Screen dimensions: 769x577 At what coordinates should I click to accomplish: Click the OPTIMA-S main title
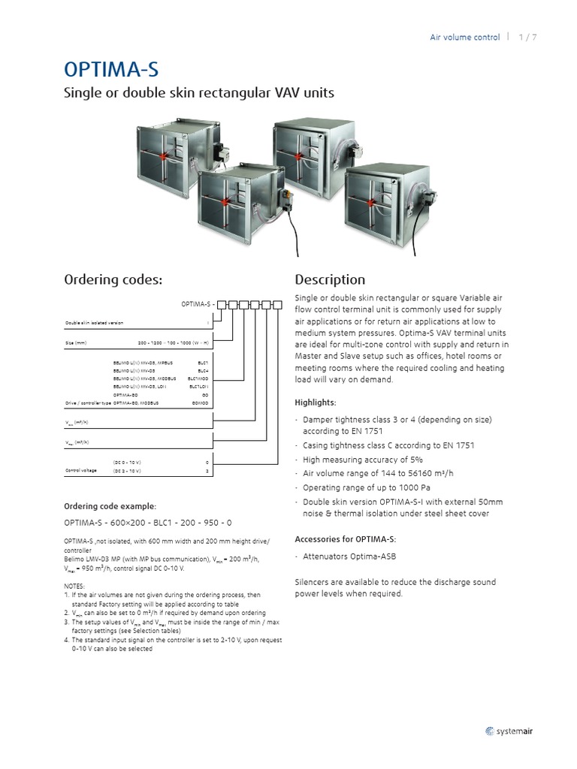coord(111,70)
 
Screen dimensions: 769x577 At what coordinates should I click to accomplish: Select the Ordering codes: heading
coord(113,280)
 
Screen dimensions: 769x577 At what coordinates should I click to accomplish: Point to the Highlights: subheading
coord(316,403)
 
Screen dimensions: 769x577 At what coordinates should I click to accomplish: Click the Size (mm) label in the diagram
coord(77,342)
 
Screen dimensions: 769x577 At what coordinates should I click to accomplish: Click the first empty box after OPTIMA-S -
coord(222,305)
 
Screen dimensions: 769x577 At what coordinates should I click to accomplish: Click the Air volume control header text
coord(464,37)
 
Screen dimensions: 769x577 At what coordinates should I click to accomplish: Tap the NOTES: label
coord(75,586)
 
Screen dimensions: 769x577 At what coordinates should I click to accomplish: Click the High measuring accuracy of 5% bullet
coord(363,459)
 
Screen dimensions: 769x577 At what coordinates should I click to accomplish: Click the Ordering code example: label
coord(110,506)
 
